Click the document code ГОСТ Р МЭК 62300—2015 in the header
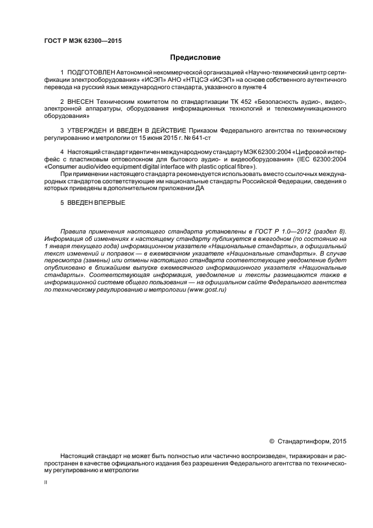(82, 41)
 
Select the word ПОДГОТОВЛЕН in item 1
(91, 73)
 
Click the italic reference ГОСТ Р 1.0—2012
(277, 232)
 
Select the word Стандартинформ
(302, 441)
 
